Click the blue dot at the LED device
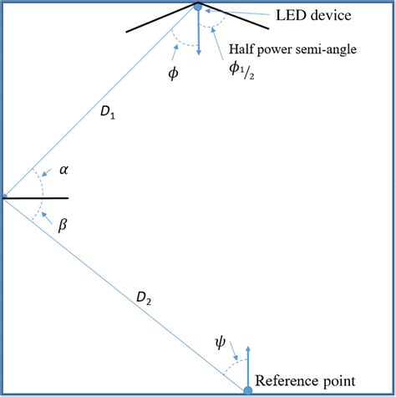click(x=198, y=8)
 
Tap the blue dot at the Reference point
click(x=248, y=389)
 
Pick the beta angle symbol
click(x=60, y=225)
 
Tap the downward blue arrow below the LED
click(x=199, y=33)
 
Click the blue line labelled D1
click(x=100, y=102)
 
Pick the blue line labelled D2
click(x=125, y=293)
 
